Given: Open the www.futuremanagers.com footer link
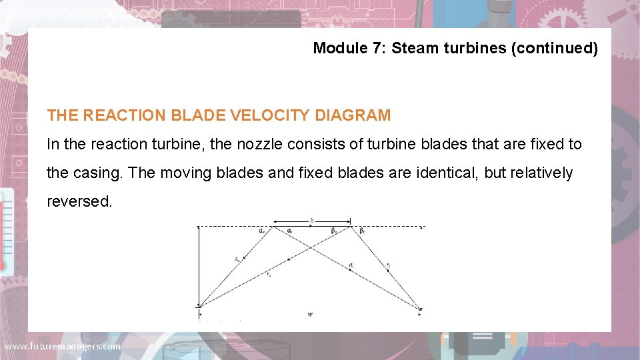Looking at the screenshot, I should (63, 347).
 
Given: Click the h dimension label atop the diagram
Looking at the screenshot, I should (312, 220).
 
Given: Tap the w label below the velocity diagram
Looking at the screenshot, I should (310, 314).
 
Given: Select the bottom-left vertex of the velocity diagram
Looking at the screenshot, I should (199, 307).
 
